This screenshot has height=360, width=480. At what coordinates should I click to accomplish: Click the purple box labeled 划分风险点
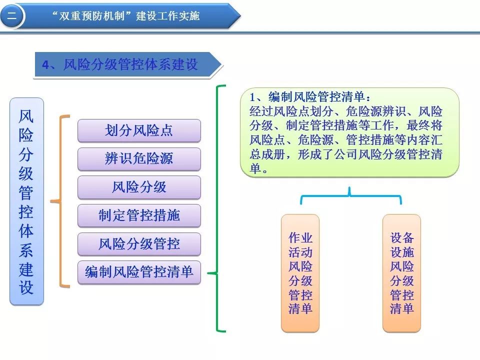(139, 130)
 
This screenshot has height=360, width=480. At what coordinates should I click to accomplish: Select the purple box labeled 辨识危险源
(139, 159)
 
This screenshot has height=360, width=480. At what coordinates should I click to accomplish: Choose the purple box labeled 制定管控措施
(139, 215)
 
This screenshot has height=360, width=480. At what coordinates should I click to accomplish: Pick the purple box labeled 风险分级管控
(139, 244)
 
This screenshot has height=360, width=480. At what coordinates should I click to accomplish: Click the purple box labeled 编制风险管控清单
(139, 272)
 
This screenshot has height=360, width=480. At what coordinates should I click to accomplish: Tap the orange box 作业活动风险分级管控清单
(300, 273)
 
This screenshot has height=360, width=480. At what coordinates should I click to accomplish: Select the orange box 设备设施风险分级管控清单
(402, 273)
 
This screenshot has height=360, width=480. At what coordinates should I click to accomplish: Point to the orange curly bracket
(60, 201)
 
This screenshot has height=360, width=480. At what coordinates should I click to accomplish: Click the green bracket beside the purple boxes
(217, 208)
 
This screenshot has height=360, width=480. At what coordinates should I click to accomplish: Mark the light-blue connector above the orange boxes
(349, 195)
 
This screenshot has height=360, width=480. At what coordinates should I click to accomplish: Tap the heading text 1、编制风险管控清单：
(310, 97)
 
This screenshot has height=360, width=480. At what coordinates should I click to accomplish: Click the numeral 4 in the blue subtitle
(45, 65)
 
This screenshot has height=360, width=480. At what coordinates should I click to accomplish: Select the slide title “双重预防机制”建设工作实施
(126, 15)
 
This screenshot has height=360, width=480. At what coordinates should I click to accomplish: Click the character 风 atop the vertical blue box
(26, 116)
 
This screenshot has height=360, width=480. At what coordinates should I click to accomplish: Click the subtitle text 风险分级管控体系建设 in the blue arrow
(130, 64)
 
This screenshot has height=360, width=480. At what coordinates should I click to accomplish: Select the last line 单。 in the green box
(258, 168)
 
